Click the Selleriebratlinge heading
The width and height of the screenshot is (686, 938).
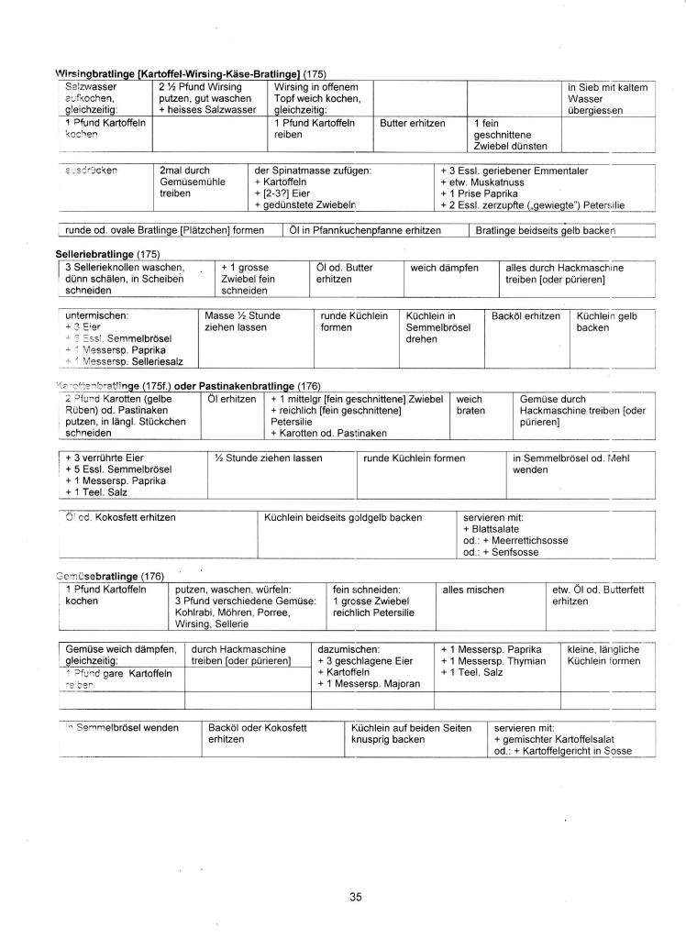pyautogui.click(x=88, y=252)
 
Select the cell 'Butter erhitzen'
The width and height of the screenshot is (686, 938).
pyautogui.click(x=413, y=123)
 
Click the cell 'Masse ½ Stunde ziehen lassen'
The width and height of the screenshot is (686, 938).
pyautogui.click(x=238, y=321)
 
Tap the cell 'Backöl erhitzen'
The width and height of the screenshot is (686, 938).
pyautogui.click(x=526, y=315)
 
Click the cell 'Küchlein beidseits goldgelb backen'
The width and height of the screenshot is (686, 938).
pyautogui.click(x=342, y=517)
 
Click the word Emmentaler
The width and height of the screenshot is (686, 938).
pyautogui.click(x=556, y=171)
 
